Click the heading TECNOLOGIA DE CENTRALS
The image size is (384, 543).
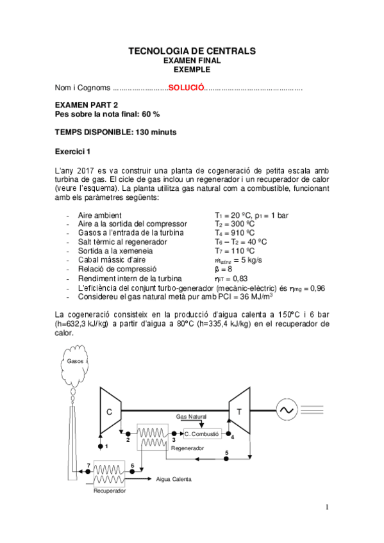tap(192, 50)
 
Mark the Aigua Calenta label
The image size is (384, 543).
tap(174, 478)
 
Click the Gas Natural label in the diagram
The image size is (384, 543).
tap(192, 417)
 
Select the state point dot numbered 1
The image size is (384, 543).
tap(100, 445)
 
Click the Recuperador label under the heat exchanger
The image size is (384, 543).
tap(110, 491)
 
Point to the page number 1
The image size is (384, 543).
tap(326, 508)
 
